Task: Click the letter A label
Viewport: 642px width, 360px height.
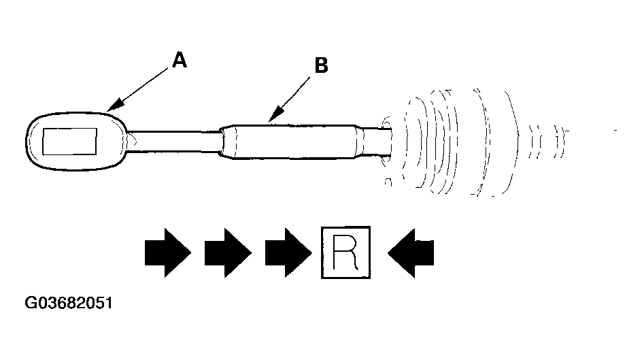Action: tap(180, 60)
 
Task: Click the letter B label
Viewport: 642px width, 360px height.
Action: tap(322, 65)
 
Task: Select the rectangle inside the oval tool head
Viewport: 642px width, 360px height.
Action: tap(69, 142)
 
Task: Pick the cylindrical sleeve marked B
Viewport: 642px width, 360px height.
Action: tap(291, 142)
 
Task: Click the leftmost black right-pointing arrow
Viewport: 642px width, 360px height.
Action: tap(168, 252)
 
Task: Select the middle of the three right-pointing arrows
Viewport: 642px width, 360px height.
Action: tap(228, 252)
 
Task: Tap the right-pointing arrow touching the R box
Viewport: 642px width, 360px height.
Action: tap(288, 252)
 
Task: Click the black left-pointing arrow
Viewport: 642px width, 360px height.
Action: tap(411, 253)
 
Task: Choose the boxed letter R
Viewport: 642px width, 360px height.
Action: tap(346, 252)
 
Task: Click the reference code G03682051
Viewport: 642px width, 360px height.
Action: tap(69, 303)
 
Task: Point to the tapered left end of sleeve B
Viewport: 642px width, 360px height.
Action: tap(228, 142)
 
